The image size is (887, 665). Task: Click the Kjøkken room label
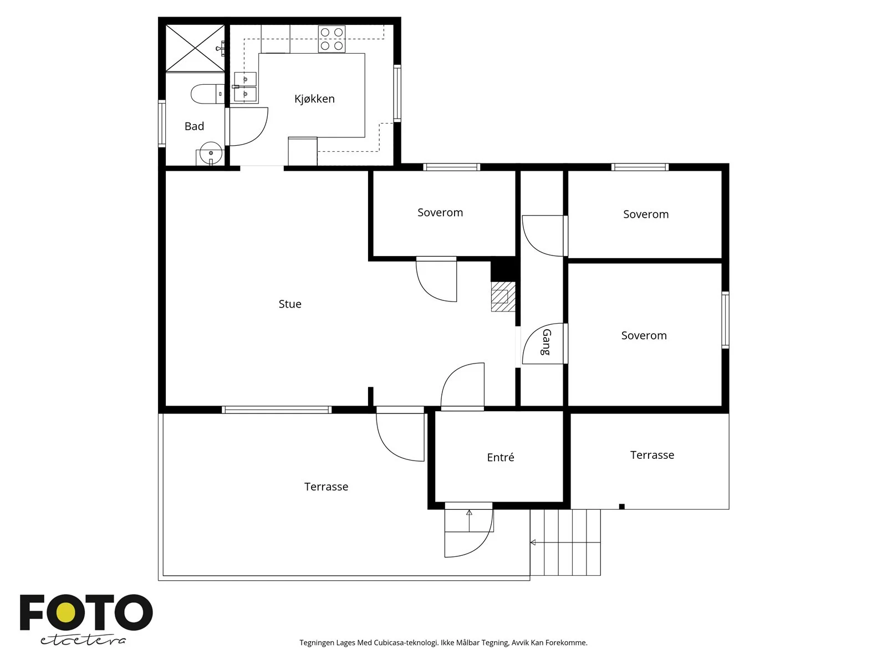[314, 99]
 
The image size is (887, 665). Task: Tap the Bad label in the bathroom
[194, 126]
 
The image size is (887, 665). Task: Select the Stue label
[290, 304]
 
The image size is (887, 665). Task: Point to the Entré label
[500, 457]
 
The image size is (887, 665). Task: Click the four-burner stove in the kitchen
[332, 39]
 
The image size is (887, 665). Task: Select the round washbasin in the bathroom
[211, 152]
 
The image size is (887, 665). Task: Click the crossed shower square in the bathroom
[195, 48]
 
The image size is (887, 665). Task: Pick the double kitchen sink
[245, 87]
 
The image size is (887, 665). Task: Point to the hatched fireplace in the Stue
[503, 296]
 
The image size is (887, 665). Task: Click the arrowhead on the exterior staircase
[533, 543]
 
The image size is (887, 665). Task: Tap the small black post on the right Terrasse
[622, 507]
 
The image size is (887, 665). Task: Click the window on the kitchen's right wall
[397, 93]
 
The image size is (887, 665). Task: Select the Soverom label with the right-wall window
[644, 335]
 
